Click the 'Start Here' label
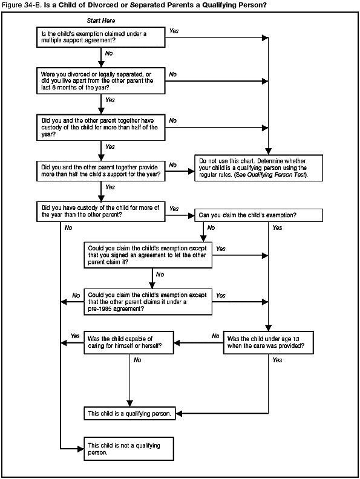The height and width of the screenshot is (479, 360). (101, 21)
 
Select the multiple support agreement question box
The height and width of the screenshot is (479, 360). (101, 37)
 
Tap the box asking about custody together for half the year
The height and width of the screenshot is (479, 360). (101, 126)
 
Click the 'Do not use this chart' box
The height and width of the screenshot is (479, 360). (258, 167)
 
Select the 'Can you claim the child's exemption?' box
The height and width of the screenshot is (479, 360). (258, 215)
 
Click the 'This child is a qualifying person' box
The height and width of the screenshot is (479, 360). (129, 414)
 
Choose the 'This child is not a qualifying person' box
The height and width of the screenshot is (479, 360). (129, 448)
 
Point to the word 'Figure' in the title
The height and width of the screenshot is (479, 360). (12, 5)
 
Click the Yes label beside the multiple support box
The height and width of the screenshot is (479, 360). (174, 30)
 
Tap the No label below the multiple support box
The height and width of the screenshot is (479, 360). (109, 54)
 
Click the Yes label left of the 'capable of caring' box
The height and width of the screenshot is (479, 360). (75, 336)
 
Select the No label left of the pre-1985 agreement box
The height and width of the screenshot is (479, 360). (76, 296)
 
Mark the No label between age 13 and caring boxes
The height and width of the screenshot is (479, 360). (215, 336)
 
